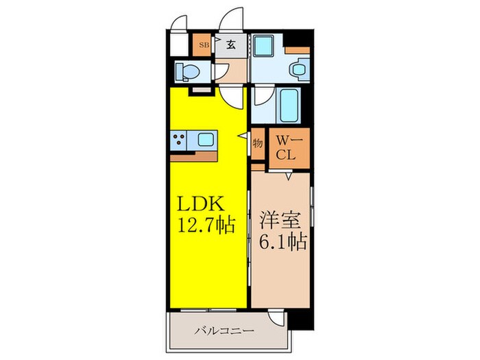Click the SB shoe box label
203,45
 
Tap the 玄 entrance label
232,45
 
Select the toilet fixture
186,71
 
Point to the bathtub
289,105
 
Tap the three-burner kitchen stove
180,141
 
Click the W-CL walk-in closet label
286,147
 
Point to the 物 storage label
257,144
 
